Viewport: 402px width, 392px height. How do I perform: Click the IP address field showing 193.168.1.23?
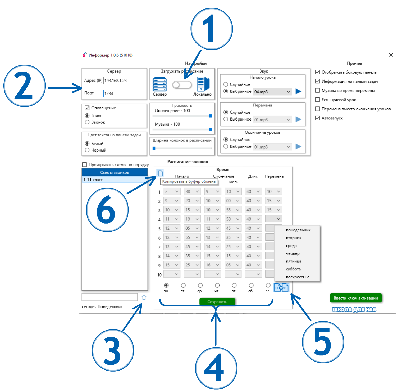click(x=123, y=80)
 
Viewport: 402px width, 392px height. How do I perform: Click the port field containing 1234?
click(x=123, y=93)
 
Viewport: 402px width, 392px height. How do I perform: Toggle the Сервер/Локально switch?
click(x=182, y=85)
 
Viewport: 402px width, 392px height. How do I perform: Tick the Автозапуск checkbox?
click(x=318, y=118)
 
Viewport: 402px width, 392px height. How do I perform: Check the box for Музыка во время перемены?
click(x=318, y=91)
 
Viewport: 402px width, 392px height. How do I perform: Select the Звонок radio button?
click(x=87, y=122)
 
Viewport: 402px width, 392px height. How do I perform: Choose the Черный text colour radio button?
click(x=87, y=150)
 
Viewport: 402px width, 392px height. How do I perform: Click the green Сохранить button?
click(x=217, y=302)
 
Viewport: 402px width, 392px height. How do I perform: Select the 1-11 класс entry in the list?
click(x=115, y=180)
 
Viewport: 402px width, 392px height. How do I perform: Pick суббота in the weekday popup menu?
click(x=293, y=269)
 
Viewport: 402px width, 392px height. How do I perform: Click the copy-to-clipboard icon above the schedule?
click(x=160, y=173)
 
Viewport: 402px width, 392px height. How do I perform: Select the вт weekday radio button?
click(x=183, y=285)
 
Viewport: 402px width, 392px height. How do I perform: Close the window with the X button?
click(x=391, y=55)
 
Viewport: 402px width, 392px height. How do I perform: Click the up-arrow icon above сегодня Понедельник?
click(x=144, y=297)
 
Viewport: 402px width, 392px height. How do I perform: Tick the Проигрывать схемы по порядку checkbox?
click(x=85, y=164)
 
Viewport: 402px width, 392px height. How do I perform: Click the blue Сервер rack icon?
click(x=160, y=84)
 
